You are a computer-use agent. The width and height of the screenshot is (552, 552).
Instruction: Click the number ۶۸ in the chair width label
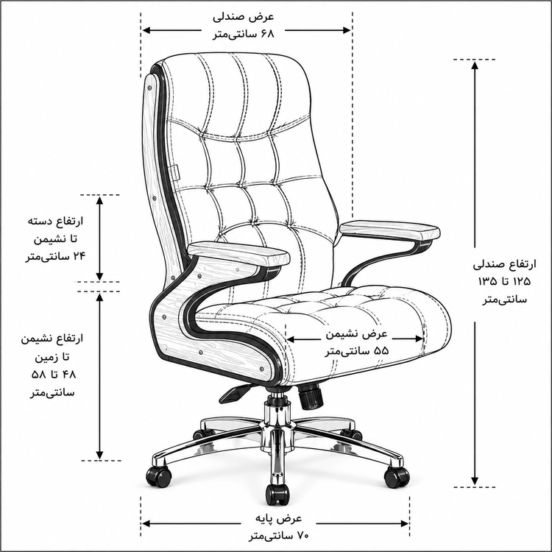click(266, 34)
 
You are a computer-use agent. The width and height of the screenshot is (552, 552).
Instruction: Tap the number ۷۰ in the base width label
click(302, 536)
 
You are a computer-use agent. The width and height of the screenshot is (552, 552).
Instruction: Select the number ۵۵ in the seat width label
click(381, 351)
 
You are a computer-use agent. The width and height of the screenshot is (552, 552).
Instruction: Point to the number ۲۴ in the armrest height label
click(79, 256)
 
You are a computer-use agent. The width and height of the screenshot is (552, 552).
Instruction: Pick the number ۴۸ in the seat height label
click(69, 375)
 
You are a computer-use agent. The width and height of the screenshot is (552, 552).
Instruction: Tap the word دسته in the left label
click(38, 222)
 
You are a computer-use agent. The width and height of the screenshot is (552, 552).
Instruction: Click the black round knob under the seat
click(311, 396)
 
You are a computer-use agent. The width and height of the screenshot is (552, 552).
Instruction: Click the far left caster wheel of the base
click(159, 476)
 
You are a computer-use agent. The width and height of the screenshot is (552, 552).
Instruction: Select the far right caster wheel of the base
click(397, 477)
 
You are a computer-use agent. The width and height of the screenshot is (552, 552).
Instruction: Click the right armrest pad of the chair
click(389, 230)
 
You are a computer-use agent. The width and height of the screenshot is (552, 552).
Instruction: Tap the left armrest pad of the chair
click(238, 253)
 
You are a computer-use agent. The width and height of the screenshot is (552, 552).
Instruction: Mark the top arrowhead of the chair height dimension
click(475, 66)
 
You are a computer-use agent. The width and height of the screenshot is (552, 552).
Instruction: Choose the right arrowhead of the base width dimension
click(404, 524)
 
